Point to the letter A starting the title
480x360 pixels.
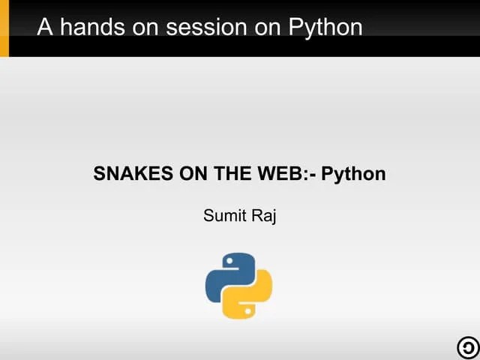[x=45, y=27]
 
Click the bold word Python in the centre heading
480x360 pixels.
[x=353, y=175]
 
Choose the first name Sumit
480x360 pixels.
[x=221, y=217]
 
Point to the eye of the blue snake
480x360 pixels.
[x=229, y=261]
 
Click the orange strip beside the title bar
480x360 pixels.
[x=4, y=28]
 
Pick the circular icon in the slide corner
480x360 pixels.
[x=466, y=347]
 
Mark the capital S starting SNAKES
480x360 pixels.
[x=99, y=174]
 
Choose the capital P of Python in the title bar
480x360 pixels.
[x=295, y=27]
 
